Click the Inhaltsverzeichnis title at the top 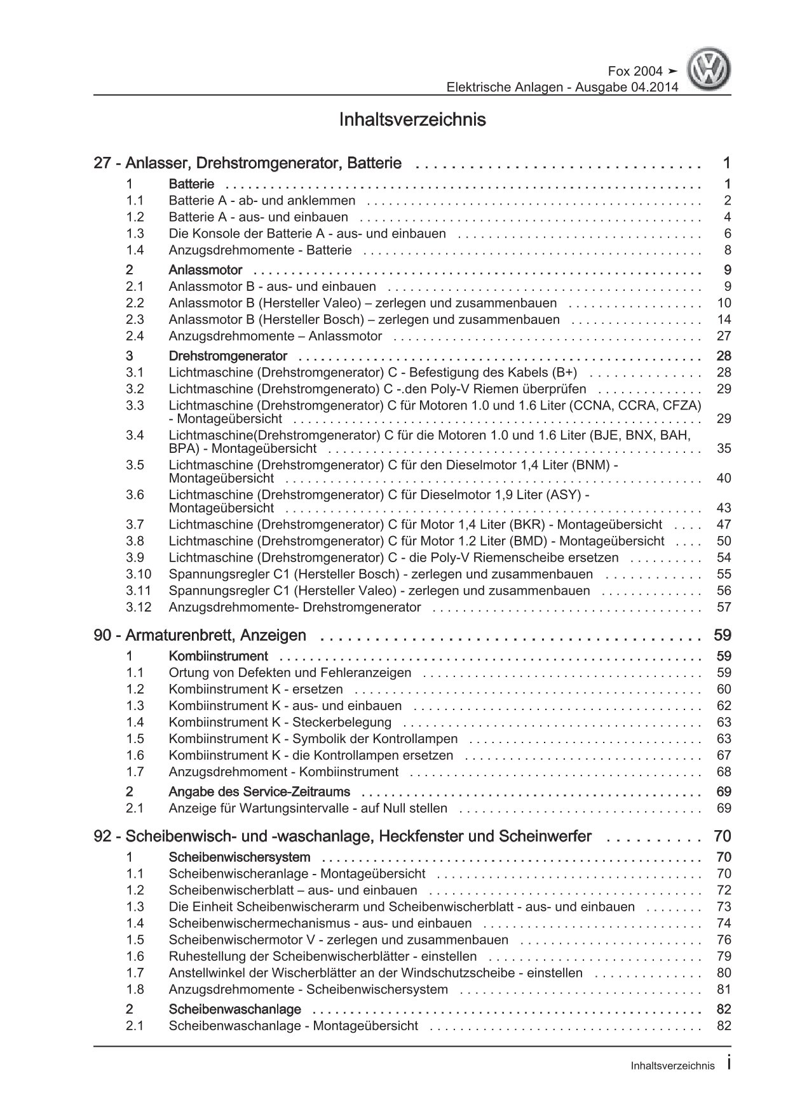(412, 119)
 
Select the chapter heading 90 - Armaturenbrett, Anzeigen (200, 635)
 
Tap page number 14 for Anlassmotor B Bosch (724, 319)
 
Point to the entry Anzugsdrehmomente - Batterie (260, 250)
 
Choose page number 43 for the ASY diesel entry (724, 508)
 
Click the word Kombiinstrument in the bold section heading (218, 656)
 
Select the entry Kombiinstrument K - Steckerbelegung (280, 722)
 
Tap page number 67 (724, 755)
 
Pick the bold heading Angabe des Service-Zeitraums (259, 792)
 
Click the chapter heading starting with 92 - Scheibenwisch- (342, 836)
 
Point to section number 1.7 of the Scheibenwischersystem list (135, 973)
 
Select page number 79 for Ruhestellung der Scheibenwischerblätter (724, 956)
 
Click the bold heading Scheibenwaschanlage (234, 1009)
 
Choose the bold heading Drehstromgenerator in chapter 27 (228, 356)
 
